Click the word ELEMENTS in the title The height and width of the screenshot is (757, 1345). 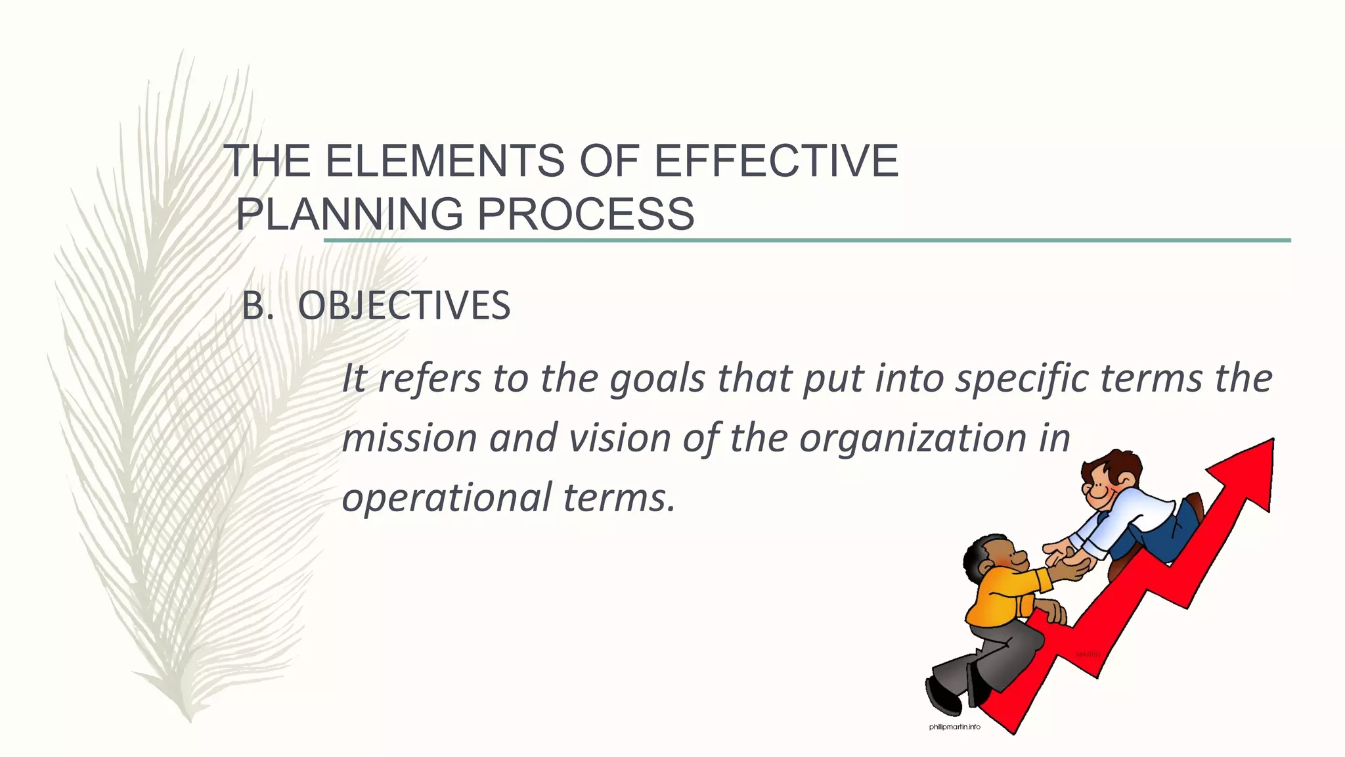tap(444, 161)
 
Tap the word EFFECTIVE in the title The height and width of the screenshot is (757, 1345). tap(776, 161)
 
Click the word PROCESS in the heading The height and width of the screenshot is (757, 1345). tap(584, 214)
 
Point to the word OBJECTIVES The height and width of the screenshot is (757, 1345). tap(404, 306)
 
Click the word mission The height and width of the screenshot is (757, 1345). tap(409, 438)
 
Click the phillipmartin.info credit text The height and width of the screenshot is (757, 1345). tap(954, 727)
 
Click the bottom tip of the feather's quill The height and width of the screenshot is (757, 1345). tap(190, 721)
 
